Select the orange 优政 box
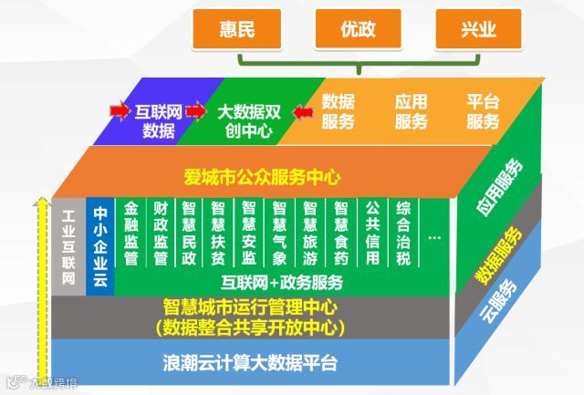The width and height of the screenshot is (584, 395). click(358, 30)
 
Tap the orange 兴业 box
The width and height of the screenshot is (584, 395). click(479, 30)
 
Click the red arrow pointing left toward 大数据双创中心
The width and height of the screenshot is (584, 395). click(303, 112)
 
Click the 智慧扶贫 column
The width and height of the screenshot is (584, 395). click(218, 234)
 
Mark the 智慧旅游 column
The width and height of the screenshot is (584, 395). click(310, 234)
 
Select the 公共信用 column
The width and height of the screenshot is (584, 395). click(372, 234)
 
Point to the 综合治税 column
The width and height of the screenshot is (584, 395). click(403, 234)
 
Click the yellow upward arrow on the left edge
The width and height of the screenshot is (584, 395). click(39, 274)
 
